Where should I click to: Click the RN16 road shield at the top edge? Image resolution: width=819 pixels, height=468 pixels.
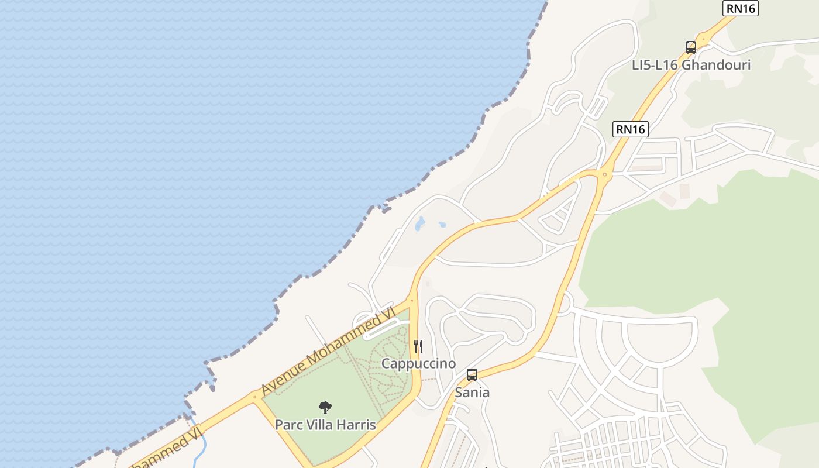[x=740, y=8]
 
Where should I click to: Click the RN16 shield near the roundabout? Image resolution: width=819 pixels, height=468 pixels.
[x=631, y=129]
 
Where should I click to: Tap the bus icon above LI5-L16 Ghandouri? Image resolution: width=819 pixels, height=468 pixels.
[x=691, y=47]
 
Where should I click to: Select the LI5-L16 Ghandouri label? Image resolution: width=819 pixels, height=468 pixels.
[x=691, y=64]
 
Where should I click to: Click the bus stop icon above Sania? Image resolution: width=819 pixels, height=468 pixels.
[x=472, y=375]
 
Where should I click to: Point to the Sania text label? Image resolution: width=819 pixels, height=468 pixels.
[x=472, y=392]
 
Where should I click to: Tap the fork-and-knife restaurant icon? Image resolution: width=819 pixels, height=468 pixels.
[x=418, y=346]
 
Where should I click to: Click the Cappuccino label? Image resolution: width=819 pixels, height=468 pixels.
[x=418, y=363]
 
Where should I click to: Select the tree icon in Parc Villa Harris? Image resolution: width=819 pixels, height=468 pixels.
[x=325, y=407]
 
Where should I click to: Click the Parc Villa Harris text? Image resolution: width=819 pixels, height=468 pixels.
[x=325, y=424]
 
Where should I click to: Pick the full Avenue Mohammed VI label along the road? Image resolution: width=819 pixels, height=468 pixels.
[x=328, y=352]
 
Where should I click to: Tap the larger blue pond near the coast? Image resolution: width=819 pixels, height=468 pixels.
[x=420, y=223]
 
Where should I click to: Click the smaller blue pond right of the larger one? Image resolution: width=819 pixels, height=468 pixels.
[x=442, y=224]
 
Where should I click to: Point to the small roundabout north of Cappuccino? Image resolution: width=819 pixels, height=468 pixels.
[x=412, y=301]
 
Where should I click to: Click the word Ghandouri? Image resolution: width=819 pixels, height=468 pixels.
[x=716, y=64]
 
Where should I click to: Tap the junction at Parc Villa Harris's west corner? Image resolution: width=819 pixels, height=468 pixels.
[x=255, y=397]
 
